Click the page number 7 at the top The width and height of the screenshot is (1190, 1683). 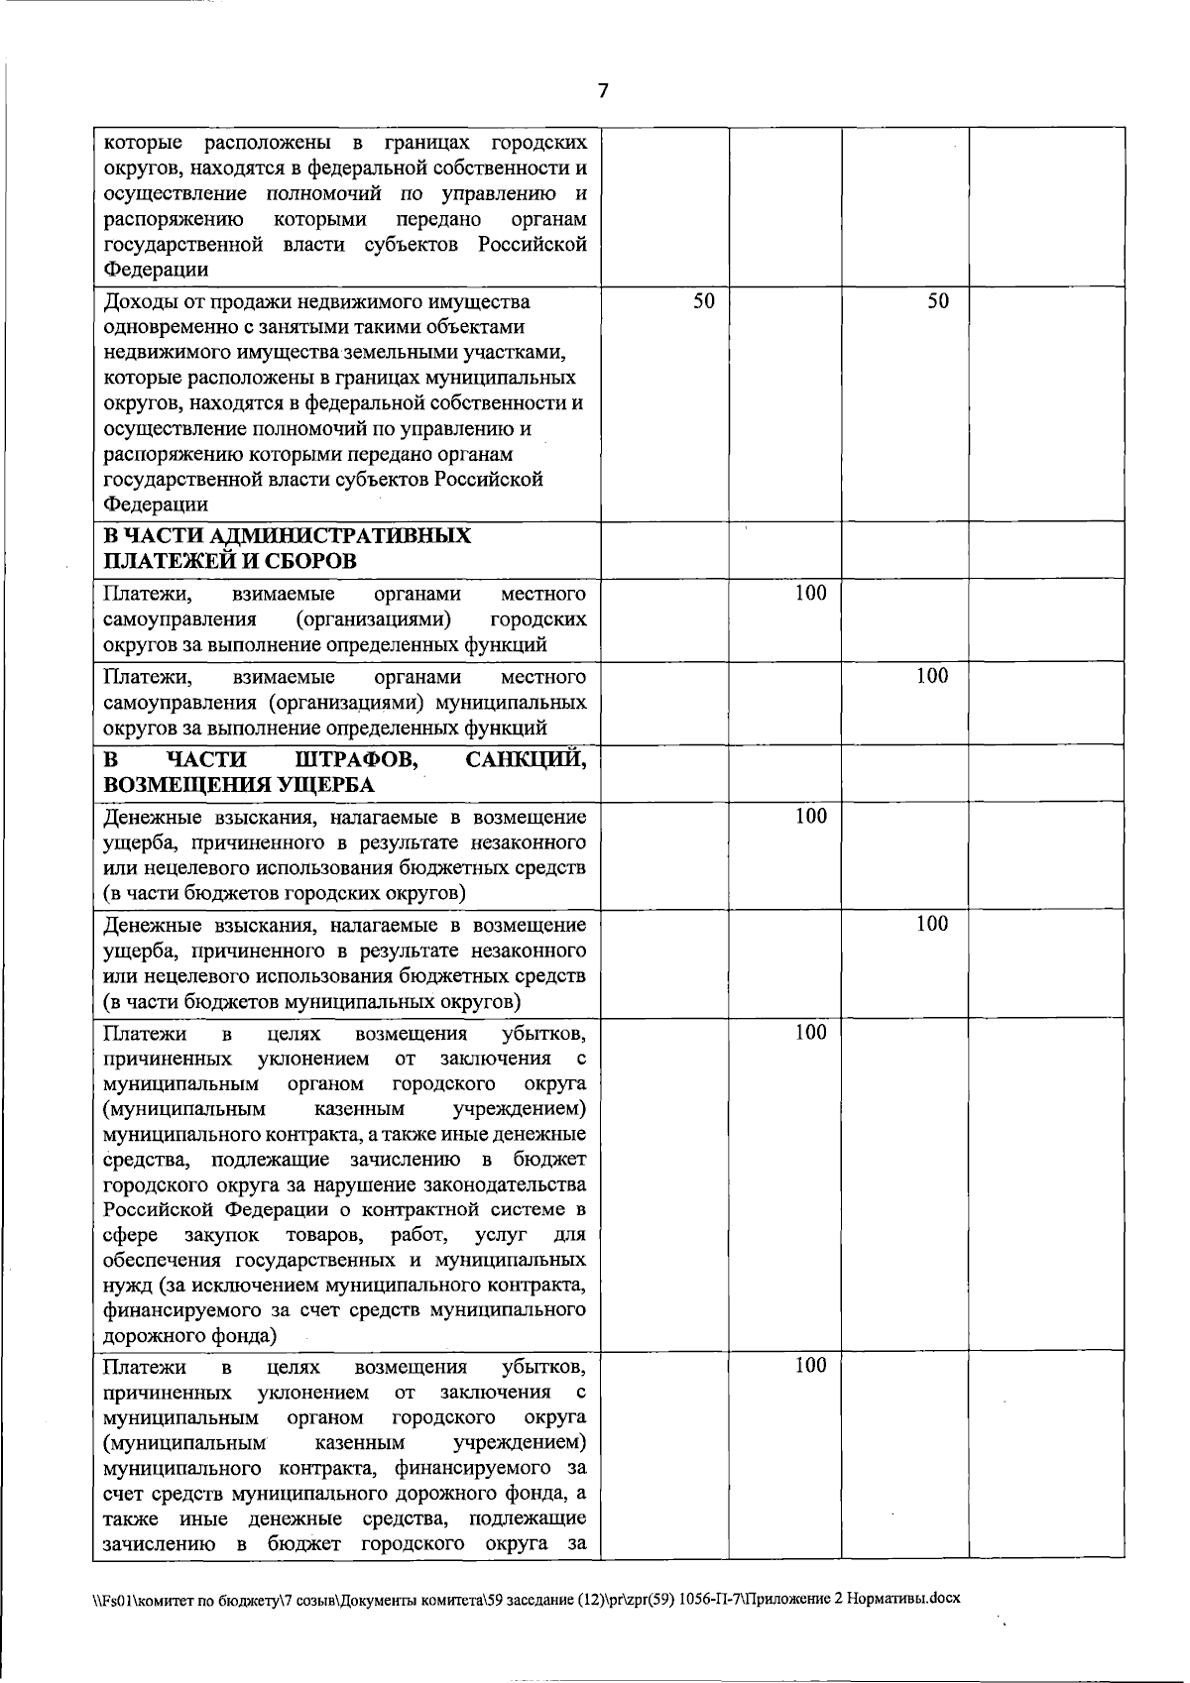pos(602,91)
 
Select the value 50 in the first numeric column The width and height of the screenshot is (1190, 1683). pos(703,301)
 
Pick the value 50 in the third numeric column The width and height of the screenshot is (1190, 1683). pos(938,301)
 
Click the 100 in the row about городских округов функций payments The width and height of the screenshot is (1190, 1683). pos(811,593)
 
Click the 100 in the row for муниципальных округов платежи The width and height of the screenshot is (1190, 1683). pos(932,676)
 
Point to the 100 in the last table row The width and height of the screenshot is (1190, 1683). pos(811,1366)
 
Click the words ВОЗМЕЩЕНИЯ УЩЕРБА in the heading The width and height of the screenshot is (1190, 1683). pos(239,785)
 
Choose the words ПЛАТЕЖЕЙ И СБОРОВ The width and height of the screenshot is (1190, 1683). pos(231,561)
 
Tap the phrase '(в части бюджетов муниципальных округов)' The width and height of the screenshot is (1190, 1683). pos(311,999)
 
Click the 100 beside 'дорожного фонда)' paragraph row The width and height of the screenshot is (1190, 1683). pos(811,1032)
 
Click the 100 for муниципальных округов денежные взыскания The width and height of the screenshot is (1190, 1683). pos(932,924)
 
